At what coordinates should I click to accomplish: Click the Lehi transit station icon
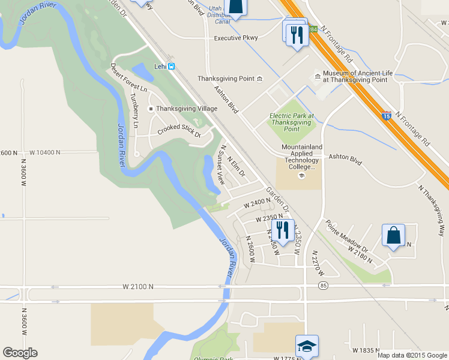pos(172,66)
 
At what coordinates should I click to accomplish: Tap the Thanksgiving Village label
pos(186,109)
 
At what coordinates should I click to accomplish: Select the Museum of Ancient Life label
pos(355,76)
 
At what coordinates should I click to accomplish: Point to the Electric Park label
pos(292,122)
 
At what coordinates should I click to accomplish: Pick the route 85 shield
pos(324,285)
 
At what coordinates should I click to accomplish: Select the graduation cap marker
pos(307,346)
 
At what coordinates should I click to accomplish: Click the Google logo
pos(20,353)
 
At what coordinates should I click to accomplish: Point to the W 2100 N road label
pos(137,287)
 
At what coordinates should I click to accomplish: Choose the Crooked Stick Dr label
pos(179,130)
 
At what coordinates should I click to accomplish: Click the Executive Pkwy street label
pos(236,38)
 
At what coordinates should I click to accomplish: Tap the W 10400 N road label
pos(44,152)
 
